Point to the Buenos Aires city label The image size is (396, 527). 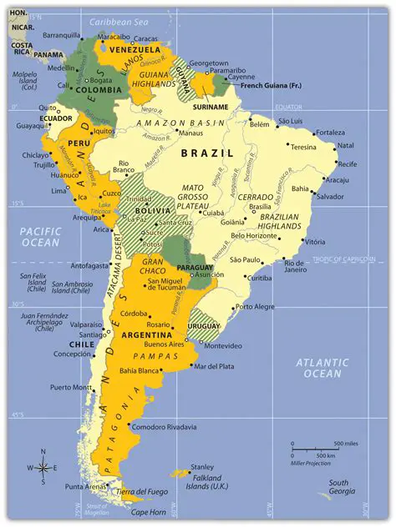(165, 344)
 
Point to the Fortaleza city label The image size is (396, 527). (331, 133)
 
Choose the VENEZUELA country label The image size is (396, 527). (135, 49)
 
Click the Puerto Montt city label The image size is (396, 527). (71, 387)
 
